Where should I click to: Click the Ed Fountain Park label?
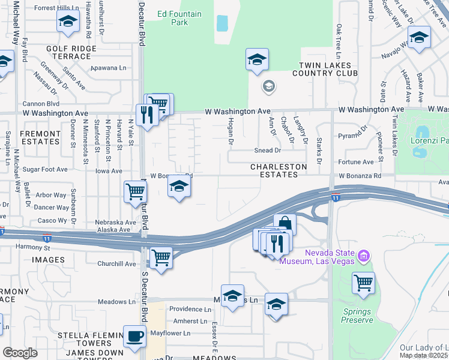point(172,18)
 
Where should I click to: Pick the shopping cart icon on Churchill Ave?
point(161,258)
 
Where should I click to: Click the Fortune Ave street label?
point(356,162)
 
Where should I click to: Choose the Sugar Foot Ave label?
point(45,170)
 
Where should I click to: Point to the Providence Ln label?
point(190,310)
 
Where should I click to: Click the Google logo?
point(20,353)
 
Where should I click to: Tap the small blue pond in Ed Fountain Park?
point(222,23)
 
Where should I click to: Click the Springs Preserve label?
point(358,316)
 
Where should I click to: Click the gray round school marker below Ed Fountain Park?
point(268,87)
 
